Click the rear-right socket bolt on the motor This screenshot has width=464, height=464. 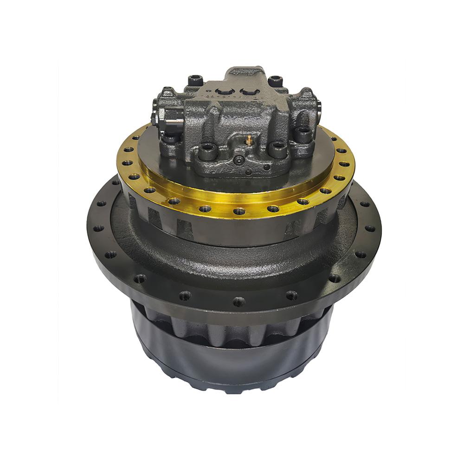pos(275,80)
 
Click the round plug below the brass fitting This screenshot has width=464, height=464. pos(239,160)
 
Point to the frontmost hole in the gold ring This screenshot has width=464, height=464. pos(239,211)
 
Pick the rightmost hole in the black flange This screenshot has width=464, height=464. pos(371,228)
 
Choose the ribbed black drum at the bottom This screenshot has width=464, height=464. pos(232,353)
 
